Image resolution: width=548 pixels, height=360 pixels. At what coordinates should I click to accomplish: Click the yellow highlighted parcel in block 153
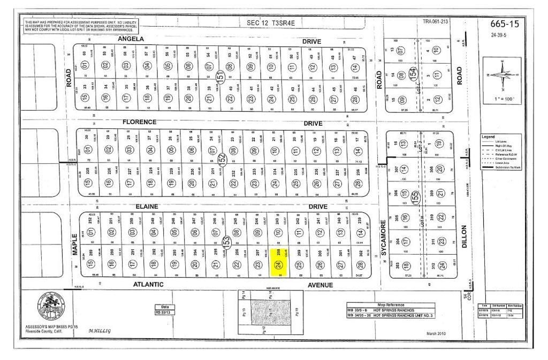coord(278,262)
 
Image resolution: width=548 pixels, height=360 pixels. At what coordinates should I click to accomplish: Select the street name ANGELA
coord(131,40)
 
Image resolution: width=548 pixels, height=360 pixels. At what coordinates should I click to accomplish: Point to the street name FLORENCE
coord(139,122)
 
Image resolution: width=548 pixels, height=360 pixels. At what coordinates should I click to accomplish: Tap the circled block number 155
coord(415,196)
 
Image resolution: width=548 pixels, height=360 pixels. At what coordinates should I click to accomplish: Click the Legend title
coord(488,137)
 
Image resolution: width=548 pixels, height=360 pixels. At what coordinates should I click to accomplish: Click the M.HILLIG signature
coord(100,331)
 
